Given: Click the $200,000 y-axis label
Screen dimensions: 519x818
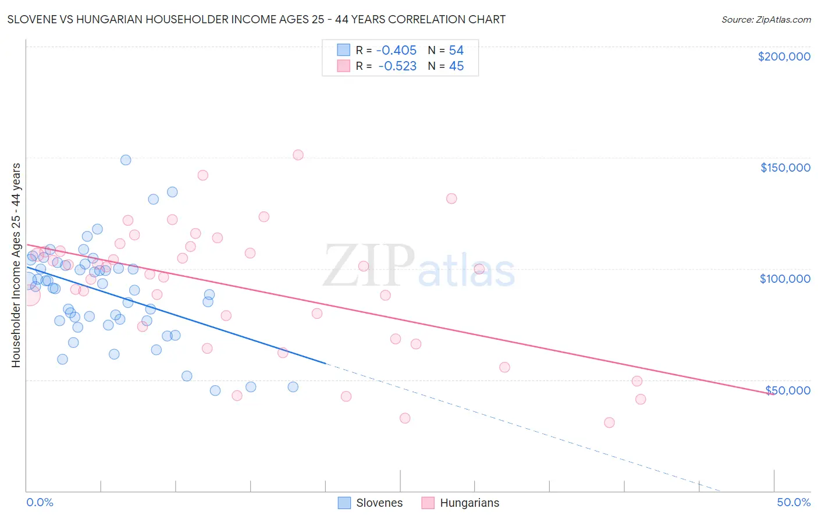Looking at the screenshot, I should tap(784, 56).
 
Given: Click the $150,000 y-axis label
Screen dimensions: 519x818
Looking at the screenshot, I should tap(785, 168).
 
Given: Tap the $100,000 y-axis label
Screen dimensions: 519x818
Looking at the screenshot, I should tap(785, 279).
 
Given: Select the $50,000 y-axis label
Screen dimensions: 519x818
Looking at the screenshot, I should tap(787, 390).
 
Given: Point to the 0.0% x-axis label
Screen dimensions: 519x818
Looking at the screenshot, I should tap(40, 502).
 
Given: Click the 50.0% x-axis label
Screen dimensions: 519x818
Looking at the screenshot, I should tap(793, 502).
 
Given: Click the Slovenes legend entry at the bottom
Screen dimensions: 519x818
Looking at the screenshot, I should tap(370, 503).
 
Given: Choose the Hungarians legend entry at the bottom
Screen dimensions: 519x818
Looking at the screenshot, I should tap(460, 503).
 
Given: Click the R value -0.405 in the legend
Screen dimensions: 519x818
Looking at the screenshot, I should tap(396, 51).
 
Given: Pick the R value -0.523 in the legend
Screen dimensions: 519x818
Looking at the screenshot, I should tap(397, 66).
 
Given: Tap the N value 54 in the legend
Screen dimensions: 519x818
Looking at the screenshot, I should tap(456, 51).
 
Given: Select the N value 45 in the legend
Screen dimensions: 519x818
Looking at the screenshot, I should tap(456, 66).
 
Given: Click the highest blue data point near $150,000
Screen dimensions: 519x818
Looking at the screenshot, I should tap(126, 160).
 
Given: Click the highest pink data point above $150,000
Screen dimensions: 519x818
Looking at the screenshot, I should tap(298, 155).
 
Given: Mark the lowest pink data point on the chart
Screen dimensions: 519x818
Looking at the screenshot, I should tap(609, 422).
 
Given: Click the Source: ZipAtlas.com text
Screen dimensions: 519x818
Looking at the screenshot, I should tap(766, 20).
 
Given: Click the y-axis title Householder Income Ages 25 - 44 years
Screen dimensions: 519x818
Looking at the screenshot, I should tap(16, 265).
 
